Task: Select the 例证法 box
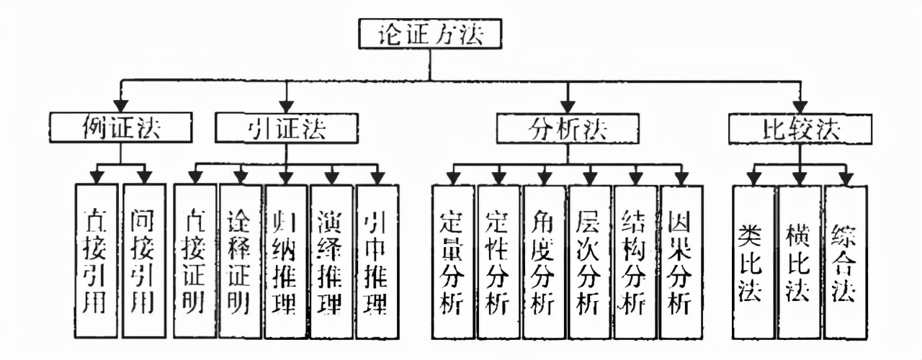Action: (x=121, y=128)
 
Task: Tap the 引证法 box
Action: (x=287, y=128)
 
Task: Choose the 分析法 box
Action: (x=568, y=128)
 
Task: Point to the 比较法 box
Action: (x=800, y=128)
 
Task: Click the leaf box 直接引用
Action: (x=97, y=261)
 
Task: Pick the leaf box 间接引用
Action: (x=144, y=261)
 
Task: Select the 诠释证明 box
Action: (x=241, y=261)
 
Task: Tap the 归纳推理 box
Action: (x=287, y=261)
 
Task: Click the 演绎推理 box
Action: (x=332, y=261)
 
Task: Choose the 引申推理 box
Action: (x=377, y=261)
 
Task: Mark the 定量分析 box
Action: (x=453, y=261)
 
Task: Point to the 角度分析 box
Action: (x=545, y=261)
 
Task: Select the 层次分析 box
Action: (x=590, y=261)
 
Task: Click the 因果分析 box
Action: (x=681, y=261)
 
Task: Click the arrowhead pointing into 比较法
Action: (x=800, y=108)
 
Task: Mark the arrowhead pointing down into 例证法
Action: (x=121, y=108)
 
